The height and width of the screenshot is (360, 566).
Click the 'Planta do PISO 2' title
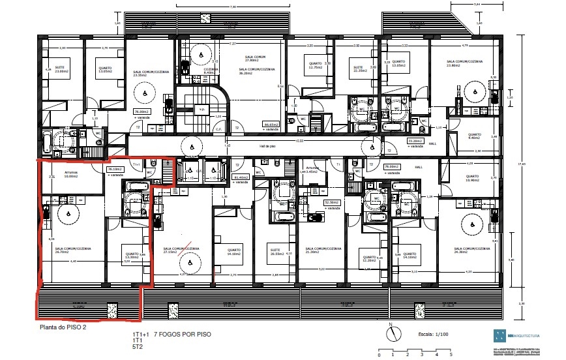click(x=63, y=328)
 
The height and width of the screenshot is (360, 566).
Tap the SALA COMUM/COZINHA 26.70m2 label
click(x=72, y=250)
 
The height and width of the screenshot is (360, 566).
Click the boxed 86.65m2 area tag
click(x=270, y=125)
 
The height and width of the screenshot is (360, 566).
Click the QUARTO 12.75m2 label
click(x=316, y=65)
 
